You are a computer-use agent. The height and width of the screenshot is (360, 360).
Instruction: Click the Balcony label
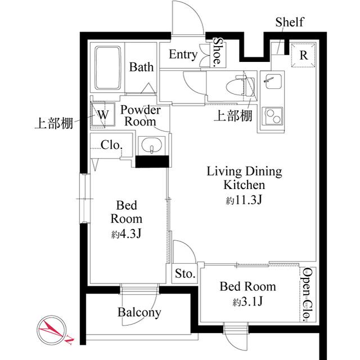click(x=139, y=312)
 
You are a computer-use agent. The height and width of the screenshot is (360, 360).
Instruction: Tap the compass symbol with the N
click(x=52, y=330)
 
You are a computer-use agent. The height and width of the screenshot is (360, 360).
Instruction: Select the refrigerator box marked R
click(x=303, y=56)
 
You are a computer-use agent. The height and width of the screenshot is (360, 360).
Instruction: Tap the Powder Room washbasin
click(x=151, y=147)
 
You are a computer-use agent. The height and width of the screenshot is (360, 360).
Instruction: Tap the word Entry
click(x=183, y=55)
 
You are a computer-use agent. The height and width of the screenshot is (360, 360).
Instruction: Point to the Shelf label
click(x=290, y=22)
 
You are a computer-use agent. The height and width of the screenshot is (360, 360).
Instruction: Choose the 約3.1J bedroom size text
click(x=247, y=302)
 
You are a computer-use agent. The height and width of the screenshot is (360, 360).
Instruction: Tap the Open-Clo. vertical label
click(x=307, y=294)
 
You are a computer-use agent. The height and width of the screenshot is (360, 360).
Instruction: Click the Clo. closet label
click(x=111, y=145)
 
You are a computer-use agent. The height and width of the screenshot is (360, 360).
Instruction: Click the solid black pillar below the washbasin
click(x=152, y=162)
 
